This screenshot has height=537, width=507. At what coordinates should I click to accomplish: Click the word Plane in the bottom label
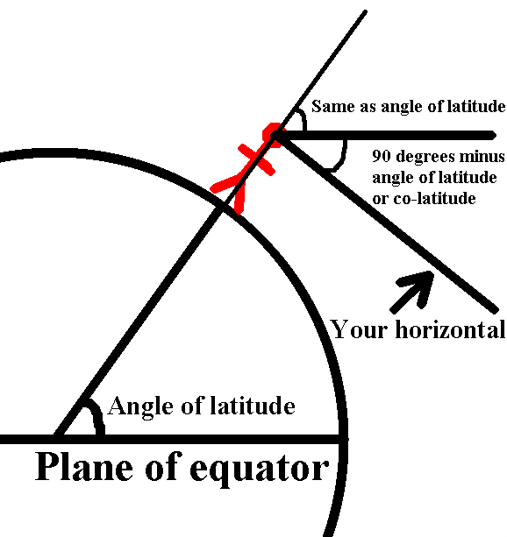[x=84, y=466]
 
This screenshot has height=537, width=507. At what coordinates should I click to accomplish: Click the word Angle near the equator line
[x=140, y=407]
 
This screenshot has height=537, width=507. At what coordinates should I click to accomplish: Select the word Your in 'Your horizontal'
[x=360, y=329]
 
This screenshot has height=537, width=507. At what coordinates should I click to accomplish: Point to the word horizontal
[x=450, y=329]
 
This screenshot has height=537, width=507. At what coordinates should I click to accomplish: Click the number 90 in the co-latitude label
[x=382, y=156]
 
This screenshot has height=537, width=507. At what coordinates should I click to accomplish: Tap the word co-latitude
[x=434, y=198]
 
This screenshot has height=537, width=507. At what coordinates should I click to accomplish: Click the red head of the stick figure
[x=274, y=135]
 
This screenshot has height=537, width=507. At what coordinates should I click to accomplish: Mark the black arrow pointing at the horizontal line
[x=412, y=292]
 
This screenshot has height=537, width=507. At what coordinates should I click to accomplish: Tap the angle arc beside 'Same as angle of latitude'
[x=303, y=118]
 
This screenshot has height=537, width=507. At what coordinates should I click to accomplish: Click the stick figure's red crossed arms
[x=257, y=159]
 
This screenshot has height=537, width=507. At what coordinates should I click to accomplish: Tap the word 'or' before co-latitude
[x=380, y=200]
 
